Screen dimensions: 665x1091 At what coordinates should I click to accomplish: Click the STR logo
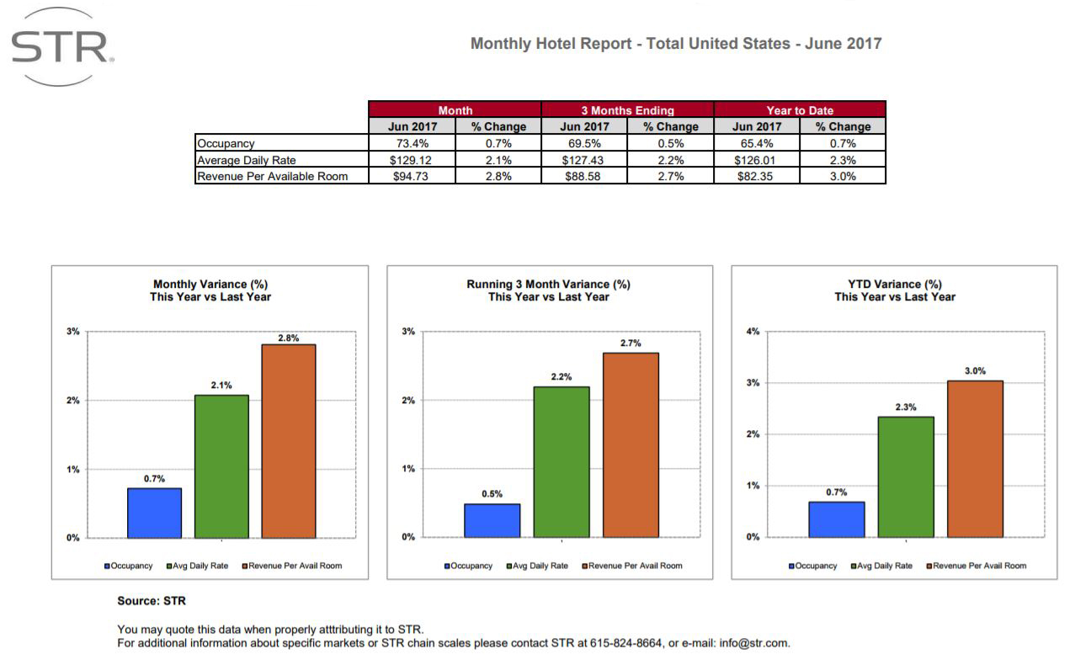pyautogui.click(x=61, y=47)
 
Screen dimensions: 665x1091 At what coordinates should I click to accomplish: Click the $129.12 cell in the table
pyautogui.click(x=412, y=160)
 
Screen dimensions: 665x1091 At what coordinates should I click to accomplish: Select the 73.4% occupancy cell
pyautogui.click(x=412, y=143)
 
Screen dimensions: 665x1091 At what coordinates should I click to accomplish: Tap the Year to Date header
pyautogui.click(x=800, y=110)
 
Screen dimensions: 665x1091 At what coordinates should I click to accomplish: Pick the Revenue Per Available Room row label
pyautogui.click(x=272, y=176)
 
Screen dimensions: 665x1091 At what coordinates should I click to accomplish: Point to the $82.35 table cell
pyautogui.click(x=756, y=176)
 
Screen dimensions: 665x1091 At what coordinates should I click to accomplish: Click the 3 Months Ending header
pyautogui.click(x=627, y=110)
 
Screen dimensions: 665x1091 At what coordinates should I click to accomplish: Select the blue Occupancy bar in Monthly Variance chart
pyautogui.click(x=154, y=513)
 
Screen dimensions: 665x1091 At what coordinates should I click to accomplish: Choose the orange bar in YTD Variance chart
pyautogui.click(x=975, y=459)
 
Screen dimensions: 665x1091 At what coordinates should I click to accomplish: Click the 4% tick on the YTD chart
pyautogui.click(x=753, y=332)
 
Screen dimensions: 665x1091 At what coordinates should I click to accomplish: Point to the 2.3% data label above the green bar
pyautogui.click(x=906, y=407)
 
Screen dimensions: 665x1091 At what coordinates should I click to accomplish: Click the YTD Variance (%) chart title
pyautogui.click(x=895, y=285)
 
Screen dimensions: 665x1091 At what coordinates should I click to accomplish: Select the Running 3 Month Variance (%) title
pyautogui.click(x=548, y=285)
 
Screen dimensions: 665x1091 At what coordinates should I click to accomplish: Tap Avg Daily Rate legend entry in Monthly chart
pyautogui.click(x=200, y=566)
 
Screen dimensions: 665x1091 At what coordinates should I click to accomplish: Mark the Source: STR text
pyautogui.click(x=152, y=601)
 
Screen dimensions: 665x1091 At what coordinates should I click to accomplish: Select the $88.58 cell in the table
pyautogui.click(x=583, y=176)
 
